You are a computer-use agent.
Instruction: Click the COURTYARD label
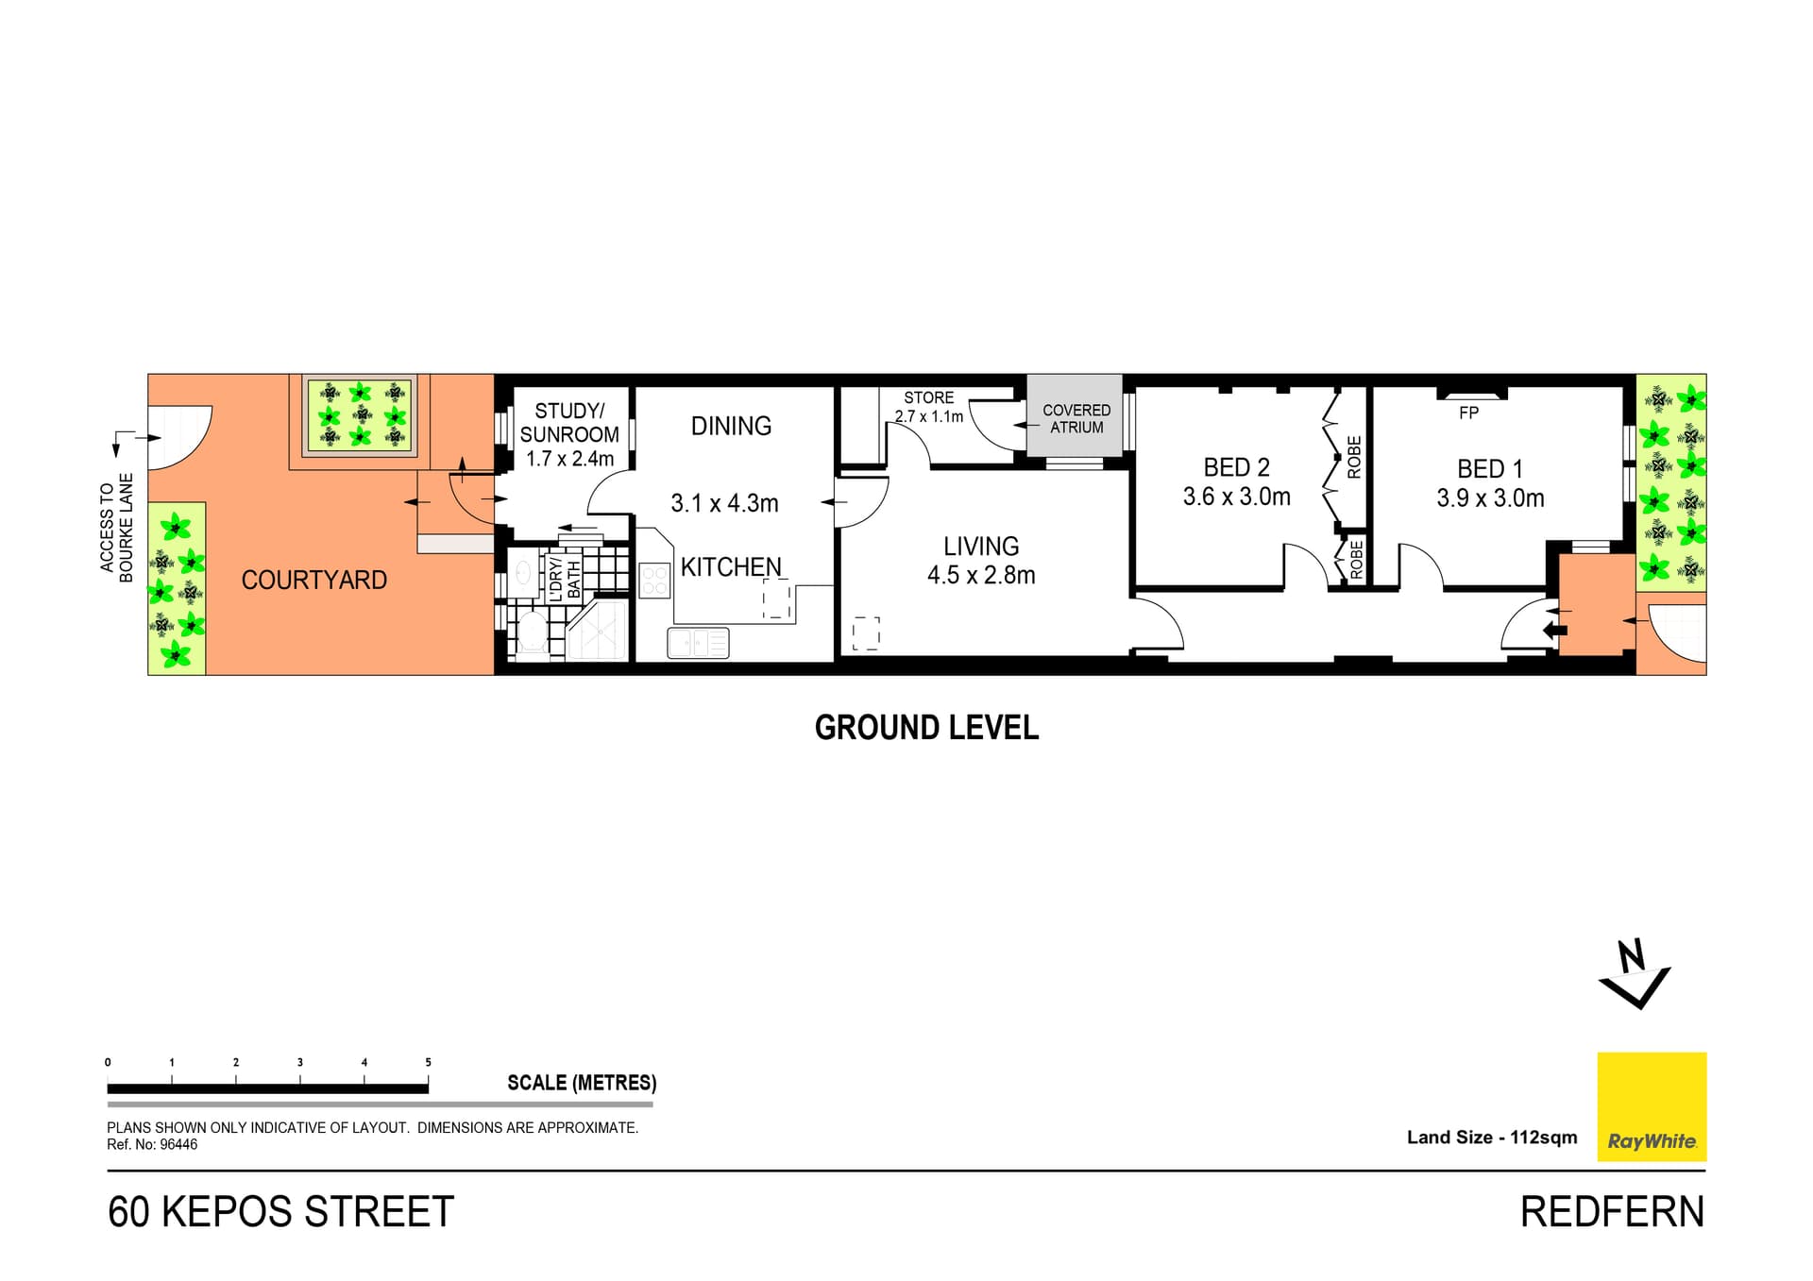point(313,580)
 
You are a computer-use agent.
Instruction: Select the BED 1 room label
point(1489,469)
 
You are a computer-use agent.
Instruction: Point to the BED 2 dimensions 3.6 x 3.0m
point(1236,497)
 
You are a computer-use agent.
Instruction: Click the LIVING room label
point(981,547)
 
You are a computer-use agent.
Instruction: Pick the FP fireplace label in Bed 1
point(1468,413)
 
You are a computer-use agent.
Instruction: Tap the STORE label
point(928,397)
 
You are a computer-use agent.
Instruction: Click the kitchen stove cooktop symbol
point(654,580)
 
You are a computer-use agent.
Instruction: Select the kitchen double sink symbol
point(699,643)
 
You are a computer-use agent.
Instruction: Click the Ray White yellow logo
point(1651,1106)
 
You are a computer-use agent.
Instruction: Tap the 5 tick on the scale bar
point(428,1063)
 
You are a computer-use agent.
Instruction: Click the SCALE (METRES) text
point(582,1083)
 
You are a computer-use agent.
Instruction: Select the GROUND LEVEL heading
point(926,728)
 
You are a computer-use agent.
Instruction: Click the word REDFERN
point(1612,1212)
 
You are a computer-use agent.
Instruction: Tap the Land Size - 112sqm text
point(1492,1138)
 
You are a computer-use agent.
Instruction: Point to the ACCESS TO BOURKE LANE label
point(117,528)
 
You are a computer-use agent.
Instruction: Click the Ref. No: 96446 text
point(152,1145)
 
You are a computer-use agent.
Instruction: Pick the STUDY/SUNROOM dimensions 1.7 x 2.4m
point(569,459)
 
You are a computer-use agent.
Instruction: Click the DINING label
point(731,426)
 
